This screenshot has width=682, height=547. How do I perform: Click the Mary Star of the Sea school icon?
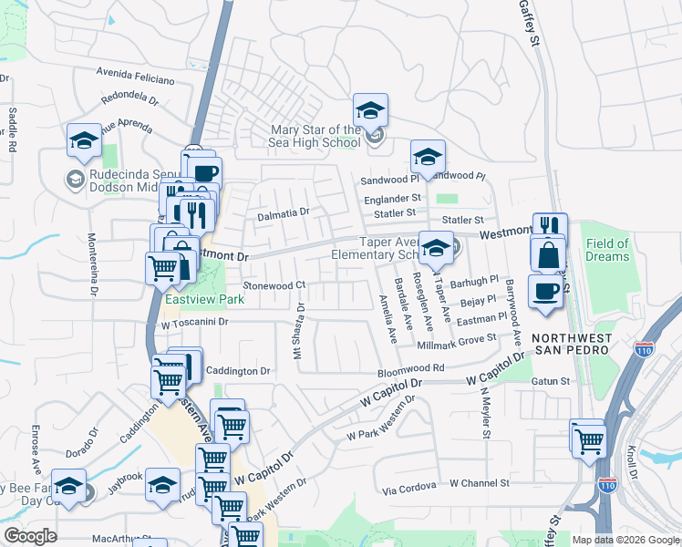370,110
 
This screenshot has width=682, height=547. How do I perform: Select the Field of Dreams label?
607,250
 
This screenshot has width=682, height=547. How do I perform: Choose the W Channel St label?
479,483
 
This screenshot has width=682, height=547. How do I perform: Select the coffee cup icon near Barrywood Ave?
545,292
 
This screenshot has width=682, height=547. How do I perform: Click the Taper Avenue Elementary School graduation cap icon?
437,248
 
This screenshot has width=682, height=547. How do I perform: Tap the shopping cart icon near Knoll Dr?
588,438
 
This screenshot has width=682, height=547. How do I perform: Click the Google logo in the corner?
30,536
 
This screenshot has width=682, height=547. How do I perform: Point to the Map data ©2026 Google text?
625,540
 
